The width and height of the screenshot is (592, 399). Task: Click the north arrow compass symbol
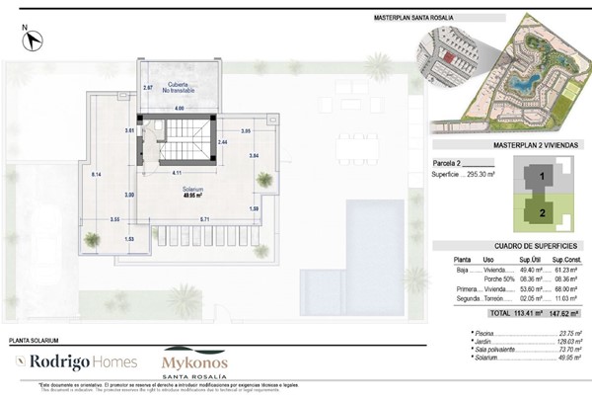tap(35, 40)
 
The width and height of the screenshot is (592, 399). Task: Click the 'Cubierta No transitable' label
tap(180, 86)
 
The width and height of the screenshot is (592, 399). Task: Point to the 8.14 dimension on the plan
tap(96, 174)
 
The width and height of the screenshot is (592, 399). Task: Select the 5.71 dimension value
tap(204, 218)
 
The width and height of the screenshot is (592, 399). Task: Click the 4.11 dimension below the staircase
tap(177, 174)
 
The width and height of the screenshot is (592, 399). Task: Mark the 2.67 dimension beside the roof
tap(148, 88)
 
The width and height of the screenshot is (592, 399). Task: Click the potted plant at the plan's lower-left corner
tap(92, 238)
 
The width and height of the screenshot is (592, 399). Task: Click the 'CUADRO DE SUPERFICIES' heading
tap(508, 246)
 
